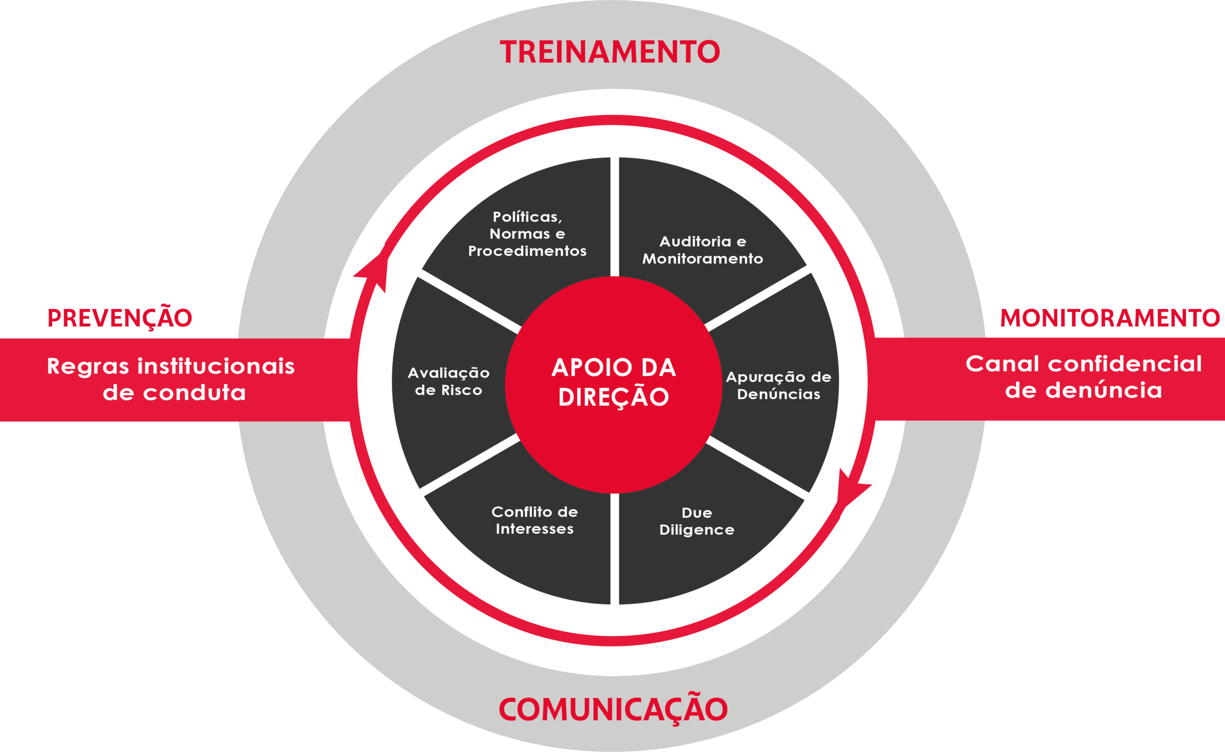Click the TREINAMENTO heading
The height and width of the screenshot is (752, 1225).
(x=610, y=52)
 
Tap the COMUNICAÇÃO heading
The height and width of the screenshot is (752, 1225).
(x=613, y=709)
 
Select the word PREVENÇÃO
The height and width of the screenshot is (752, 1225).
(x=120, y=318)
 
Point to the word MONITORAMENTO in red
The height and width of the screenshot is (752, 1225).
(x=1110, y=318)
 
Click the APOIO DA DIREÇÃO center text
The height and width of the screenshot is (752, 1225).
(x=613, y=382)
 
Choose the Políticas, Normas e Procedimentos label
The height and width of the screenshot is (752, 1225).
(x=527, y=234)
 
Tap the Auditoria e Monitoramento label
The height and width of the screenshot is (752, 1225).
(x=702, y=250)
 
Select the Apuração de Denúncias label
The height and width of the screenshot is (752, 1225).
(x=779, y=385)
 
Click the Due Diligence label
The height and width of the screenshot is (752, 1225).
(x=697, y=521)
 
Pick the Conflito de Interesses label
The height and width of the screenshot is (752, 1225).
(x=535, y=520)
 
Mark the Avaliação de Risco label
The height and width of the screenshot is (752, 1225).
(x=448, y=382)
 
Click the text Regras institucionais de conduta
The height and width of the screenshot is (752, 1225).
(x=171, y=379)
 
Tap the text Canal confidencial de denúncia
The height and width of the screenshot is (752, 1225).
(x=1084, y=377)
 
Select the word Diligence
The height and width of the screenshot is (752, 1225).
(x=697, y=530)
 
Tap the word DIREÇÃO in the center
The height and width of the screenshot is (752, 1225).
(x=613, y=397)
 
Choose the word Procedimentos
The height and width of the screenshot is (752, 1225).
(x=527, y=251)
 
